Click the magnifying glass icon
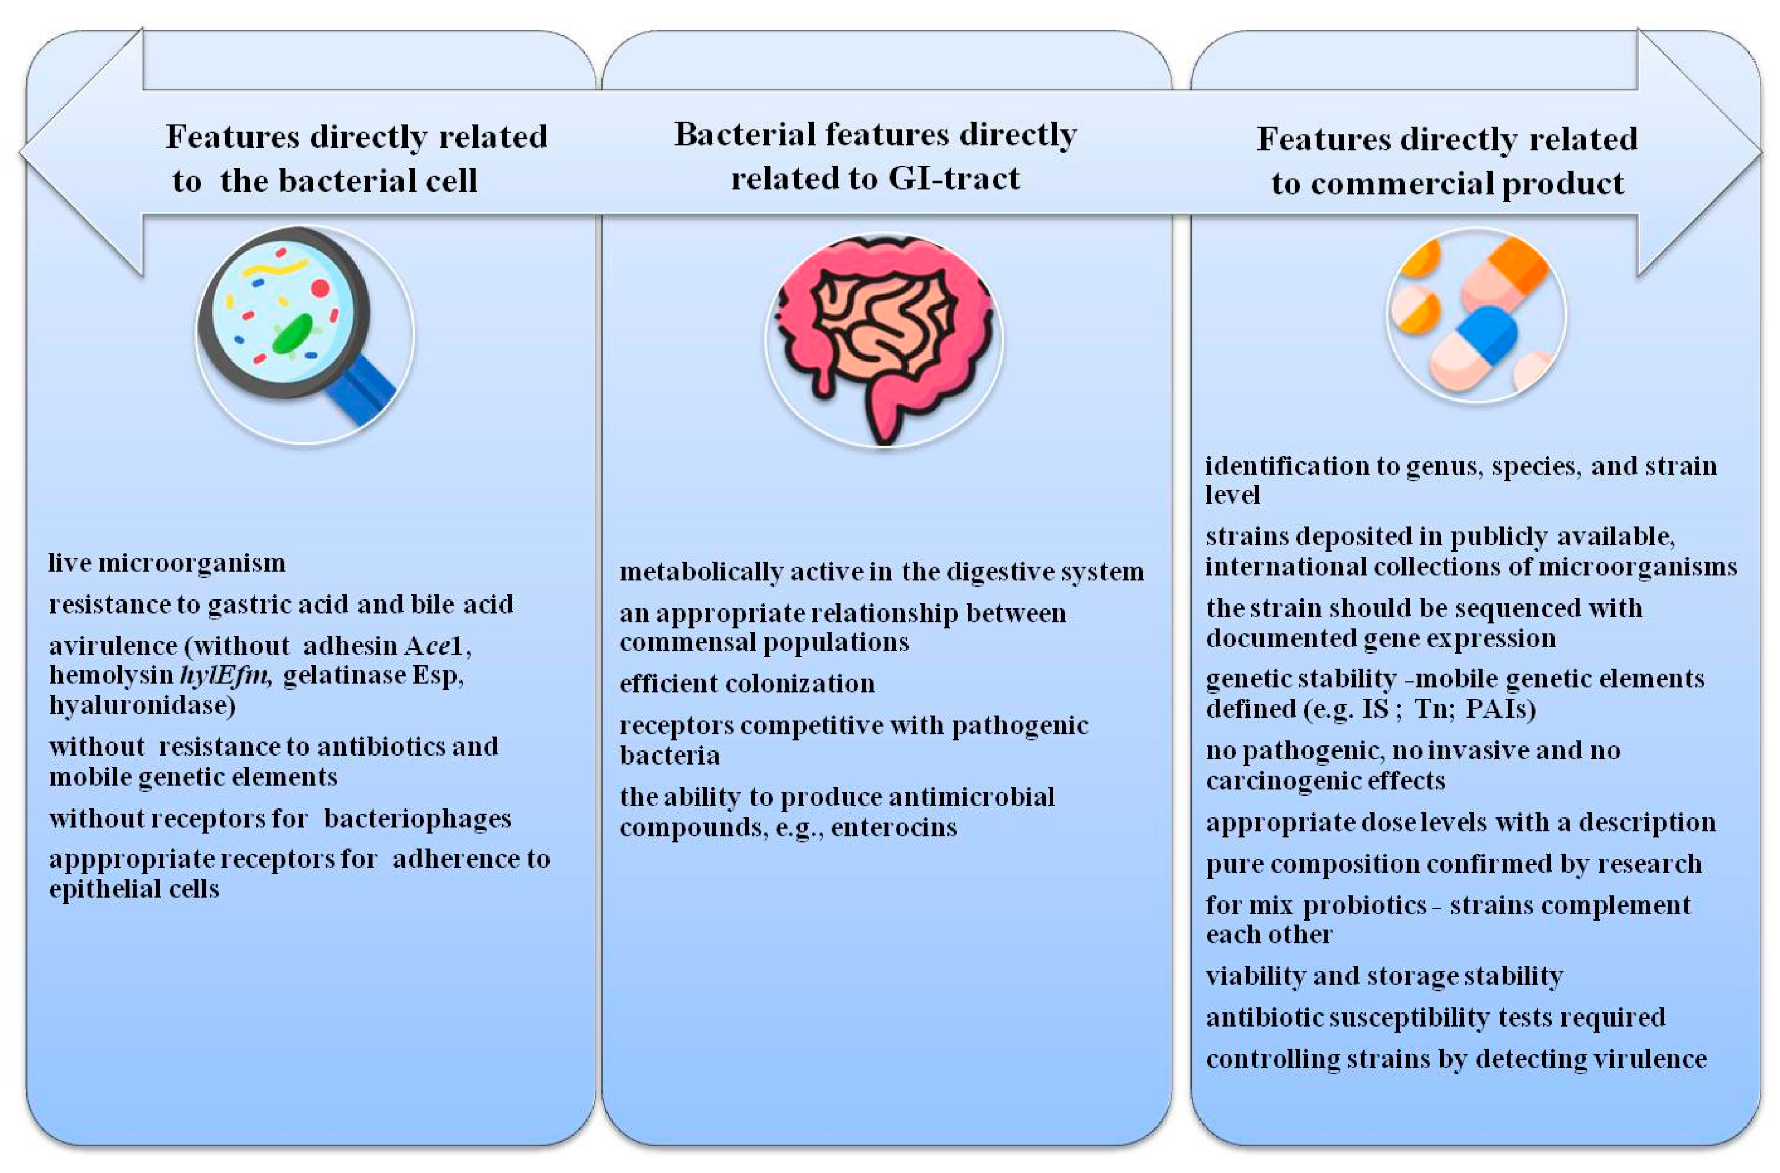coord(295,326)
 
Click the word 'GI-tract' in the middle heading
coord(953,179)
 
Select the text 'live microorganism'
coord(167,563)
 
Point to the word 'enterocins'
coord(893,828)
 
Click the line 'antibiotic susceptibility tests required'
coord(1434,1018)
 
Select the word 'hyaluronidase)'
coord(142,705)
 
